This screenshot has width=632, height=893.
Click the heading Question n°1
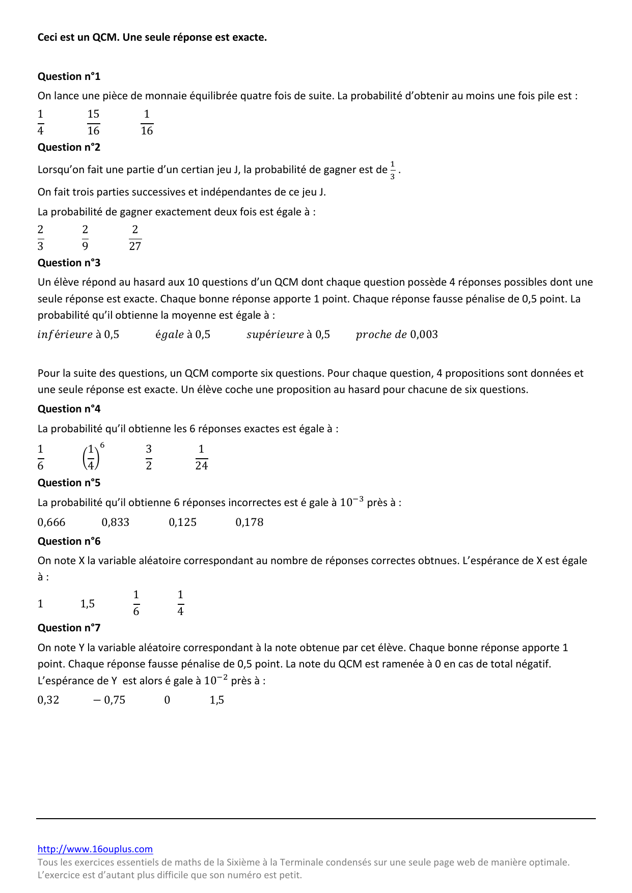click(69, 76)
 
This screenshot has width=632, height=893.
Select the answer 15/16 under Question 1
click(93, 122)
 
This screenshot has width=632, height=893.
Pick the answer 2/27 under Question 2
click(135, 238)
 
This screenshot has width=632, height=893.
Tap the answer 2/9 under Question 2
click(85, 238)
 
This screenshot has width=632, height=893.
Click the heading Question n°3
click(69, 263)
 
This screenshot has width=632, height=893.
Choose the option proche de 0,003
click(397, 334)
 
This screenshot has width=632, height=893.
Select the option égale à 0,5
click(183, 334)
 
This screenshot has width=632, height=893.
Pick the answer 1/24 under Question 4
click(201, 457)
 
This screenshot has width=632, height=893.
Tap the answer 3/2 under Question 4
click(149, 457)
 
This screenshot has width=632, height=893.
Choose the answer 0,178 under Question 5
click(250, 522)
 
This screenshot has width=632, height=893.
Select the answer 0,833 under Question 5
click(116, 522)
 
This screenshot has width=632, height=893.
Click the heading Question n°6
click(69, 541)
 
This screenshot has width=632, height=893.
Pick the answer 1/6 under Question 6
click(136, 603)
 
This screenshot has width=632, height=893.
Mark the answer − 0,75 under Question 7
click(109, 700)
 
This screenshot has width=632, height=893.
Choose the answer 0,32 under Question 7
click(48, 700)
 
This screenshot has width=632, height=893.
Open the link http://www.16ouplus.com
click(95, 849)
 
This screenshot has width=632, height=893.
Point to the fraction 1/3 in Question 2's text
click(393, 170)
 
